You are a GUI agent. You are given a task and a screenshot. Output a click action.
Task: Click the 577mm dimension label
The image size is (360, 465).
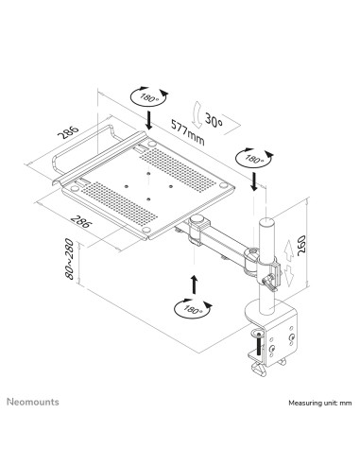pos(188,131)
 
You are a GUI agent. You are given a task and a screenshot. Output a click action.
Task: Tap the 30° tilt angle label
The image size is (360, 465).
pos(214,120)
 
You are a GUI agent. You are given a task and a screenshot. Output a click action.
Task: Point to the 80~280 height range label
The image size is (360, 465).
pos(69,259)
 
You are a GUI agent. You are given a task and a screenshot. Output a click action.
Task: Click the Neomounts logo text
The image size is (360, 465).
pos(33,402)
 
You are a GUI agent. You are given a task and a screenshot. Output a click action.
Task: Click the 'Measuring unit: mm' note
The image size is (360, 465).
pos(320,403)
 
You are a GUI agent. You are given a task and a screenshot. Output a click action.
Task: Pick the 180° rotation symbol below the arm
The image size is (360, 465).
pos(193,308)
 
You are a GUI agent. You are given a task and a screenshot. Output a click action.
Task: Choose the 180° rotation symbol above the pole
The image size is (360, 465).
pos(254,158)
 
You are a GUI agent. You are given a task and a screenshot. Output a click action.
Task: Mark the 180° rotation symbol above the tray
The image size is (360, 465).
pos(149,96)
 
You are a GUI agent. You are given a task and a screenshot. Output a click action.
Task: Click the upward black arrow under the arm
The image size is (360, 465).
pos(195,284)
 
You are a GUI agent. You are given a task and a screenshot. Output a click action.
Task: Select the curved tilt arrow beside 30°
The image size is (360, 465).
pos(197,114)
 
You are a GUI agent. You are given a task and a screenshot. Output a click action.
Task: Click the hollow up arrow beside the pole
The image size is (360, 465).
pos(288,250)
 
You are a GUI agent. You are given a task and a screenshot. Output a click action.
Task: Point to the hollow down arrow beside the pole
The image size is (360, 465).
pos(288,276)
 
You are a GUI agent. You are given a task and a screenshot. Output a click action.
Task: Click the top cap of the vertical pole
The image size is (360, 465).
pos(266,221)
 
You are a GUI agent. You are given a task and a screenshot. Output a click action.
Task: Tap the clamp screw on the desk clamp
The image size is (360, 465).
pos(259,342)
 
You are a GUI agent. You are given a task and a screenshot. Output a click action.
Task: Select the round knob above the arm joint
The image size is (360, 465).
pos(197,219)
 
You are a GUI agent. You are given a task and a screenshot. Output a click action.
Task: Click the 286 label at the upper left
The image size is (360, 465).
pos(68,132)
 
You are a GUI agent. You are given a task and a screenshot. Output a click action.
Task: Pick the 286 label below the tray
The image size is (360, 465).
pos(81,221)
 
